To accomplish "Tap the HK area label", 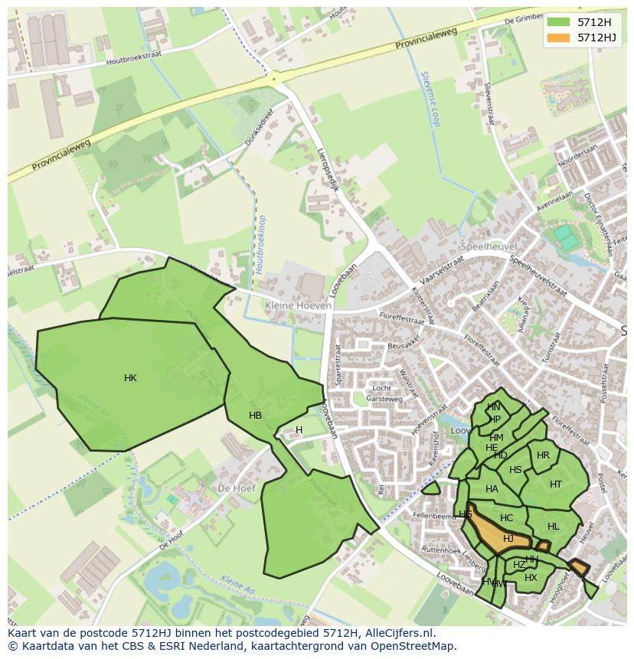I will click(130, 378).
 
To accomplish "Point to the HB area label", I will click(256, 416).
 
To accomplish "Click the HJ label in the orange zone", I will click(508, 539).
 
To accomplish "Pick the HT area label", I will click(556, 484).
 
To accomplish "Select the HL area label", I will click(554, 527).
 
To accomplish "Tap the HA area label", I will click(492, 489).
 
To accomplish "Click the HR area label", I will click(543, 455).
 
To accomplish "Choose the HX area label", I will click(531, 578).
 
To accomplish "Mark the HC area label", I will click(506, 518).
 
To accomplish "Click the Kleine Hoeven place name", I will click(299, 305).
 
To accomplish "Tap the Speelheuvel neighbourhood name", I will click(489, 246).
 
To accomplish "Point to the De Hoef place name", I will click(236, 488).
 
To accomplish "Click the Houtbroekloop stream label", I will click(261, 244).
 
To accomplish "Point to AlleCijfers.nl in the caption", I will click(400, 633).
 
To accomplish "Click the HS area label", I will click(515, 470).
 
